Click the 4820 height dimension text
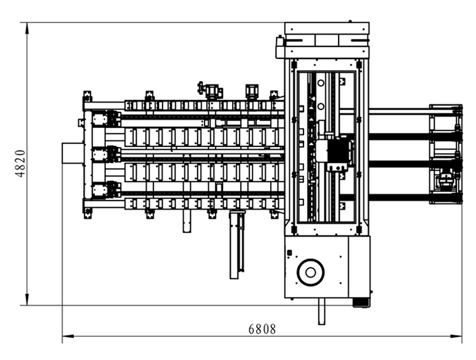(x=20, y=163)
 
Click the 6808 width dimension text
(x=262, y=329)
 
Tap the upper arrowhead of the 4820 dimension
(x=27, y=28)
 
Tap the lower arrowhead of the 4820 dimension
(x=27, y=299)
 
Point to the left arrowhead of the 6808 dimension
(x=68, y=336)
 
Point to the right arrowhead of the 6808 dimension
(x=456, y=336)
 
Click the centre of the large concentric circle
(x=310, y=273)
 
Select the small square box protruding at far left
(x=73, y=154)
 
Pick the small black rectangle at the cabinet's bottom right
(x=361, y=302)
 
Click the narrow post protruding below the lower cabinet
(x=321, y=311)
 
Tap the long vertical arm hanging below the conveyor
(x=237, y=245)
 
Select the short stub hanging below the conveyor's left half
(x=187, y=221)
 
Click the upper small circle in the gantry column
(x=321, y=83)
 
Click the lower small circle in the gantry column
(x=321, y=107)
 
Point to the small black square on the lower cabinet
(x=289, y=252)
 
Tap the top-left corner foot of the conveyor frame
(x=87, y=96)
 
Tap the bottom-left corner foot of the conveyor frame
(x=87, y=213)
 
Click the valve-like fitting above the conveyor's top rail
(x=201, y=87)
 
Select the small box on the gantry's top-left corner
(x=280, y=41)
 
